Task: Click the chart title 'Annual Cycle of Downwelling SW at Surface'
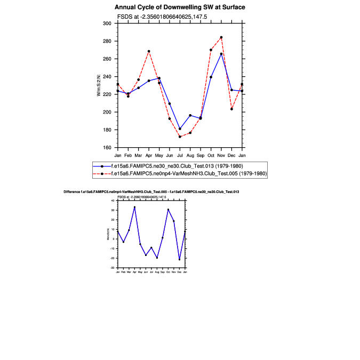(x=180, y=7)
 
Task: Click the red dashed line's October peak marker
(x=221, y=37)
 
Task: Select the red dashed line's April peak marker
(x=149, y=51)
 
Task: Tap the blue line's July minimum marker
(x=180, y=129)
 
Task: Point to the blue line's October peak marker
(x=221, y=54)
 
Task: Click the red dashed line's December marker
(x=231, y=109)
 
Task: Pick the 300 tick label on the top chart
(x=107, y=23)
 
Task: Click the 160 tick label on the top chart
(x=107, y=147)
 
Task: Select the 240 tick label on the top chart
(x=107, y=76)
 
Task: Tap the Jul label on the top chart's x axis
(x=180, y=155)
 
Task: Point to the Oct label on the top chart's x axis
(x=211, y=155)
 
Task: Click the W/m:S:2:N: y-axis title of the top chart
(x=98, y=85)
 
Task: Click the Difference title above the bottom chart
(x=151, y=191)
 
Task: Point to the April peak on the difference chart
(x=134, y=207)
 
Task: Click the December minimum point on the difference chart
(x=179, y=260)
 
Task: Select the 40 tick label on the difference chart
(x=113, y=201)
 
